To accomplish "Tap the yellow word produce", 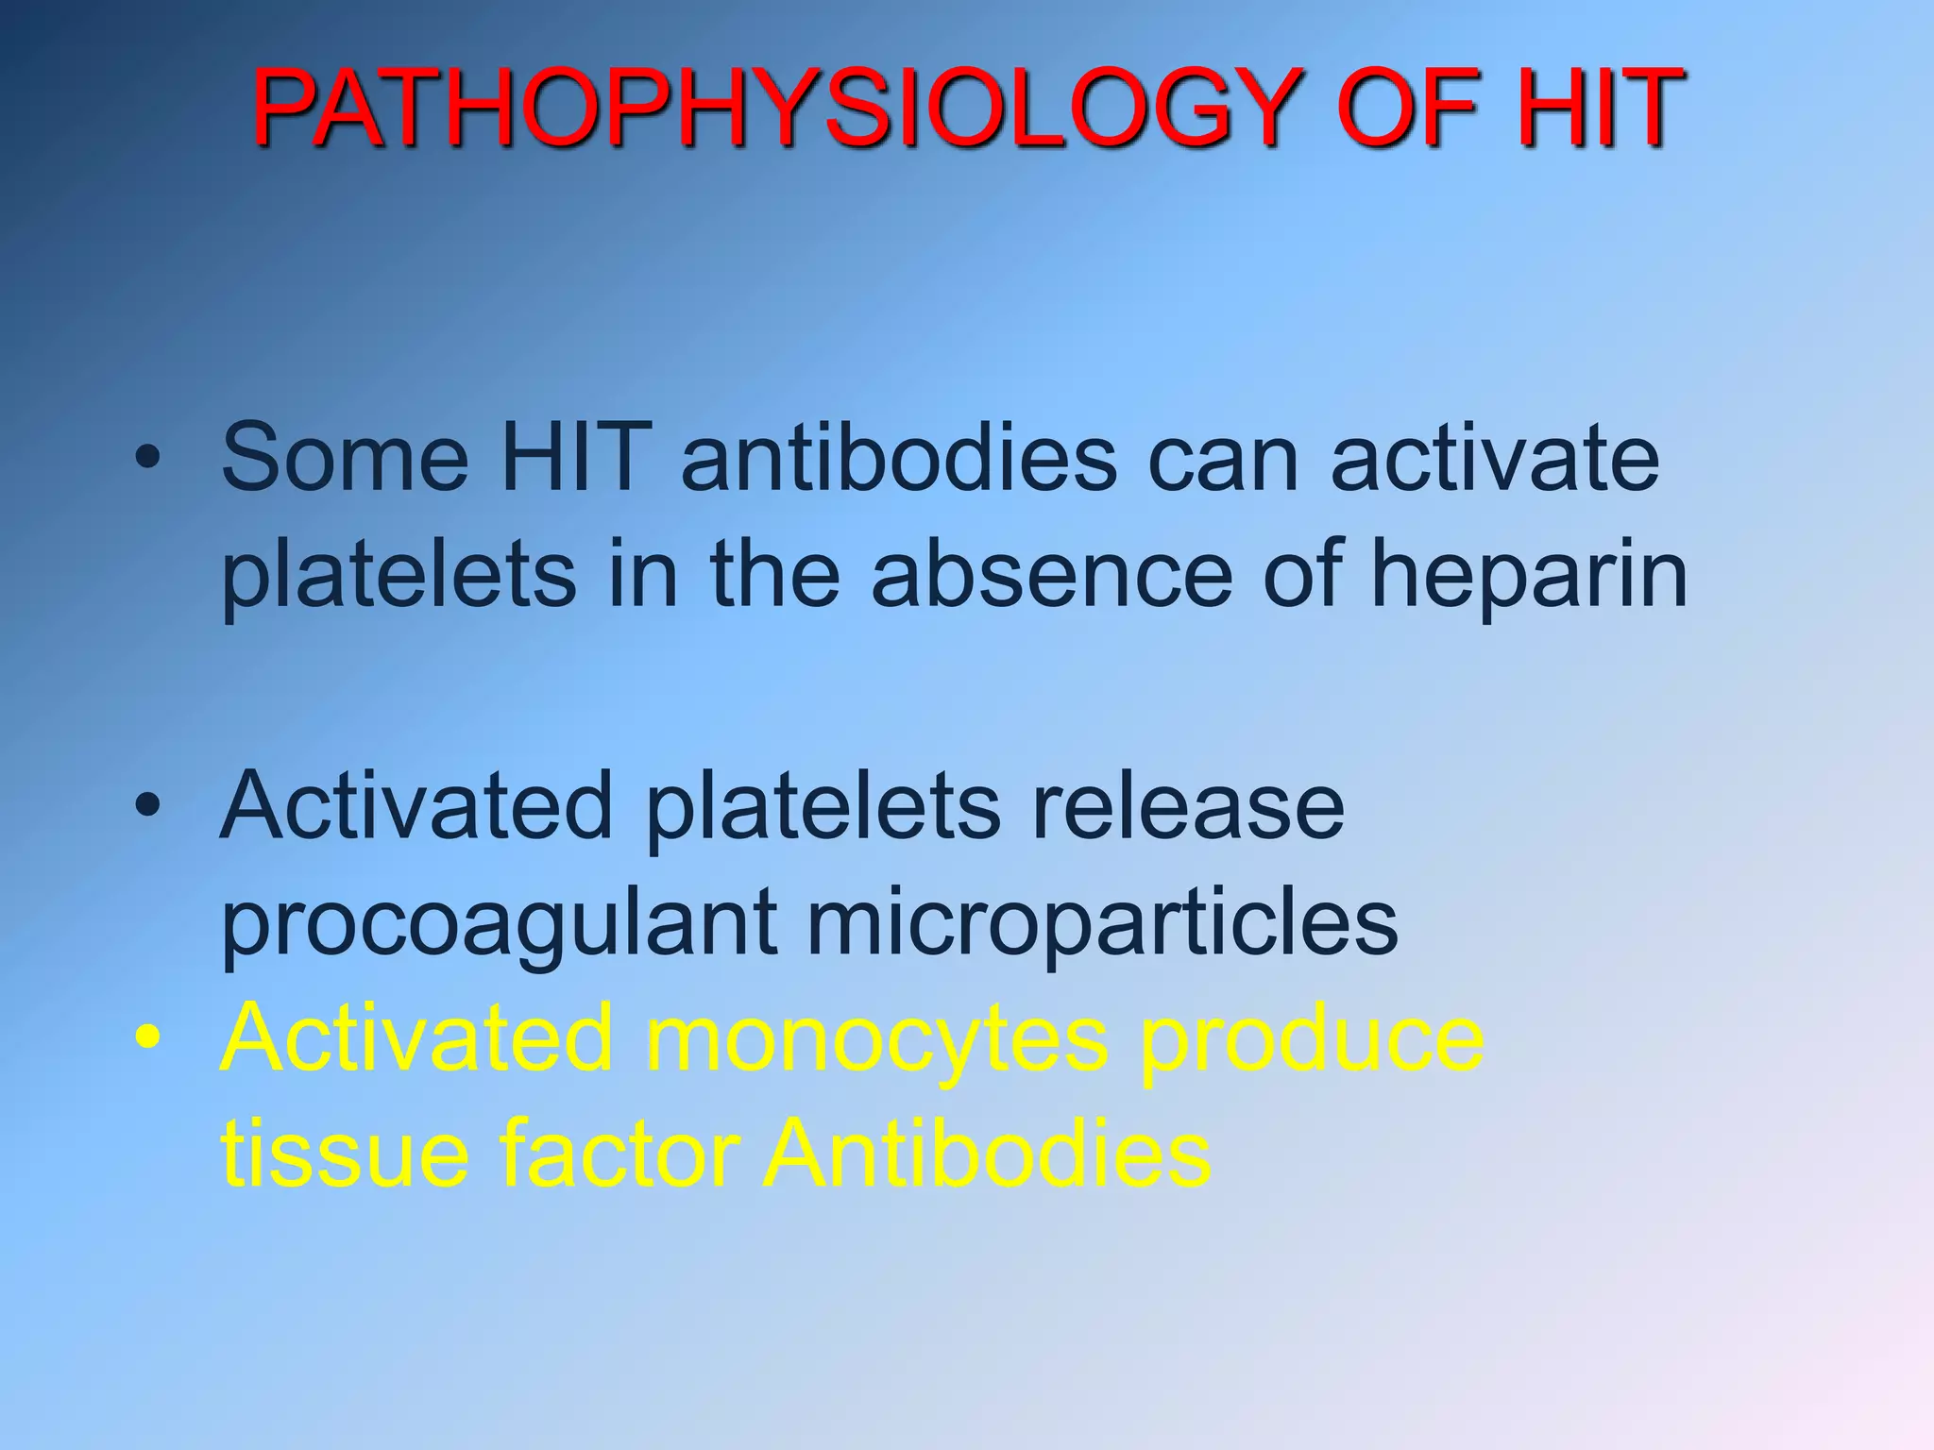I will pos(1313,1042).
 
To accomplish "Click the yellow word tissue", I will pos(344,1154).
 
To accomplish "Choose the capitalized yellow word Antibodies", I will pos(986,1154).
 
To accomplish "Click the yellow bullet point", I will pos(147,1038).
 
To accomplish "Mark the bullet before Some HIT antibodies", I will pos(147,459).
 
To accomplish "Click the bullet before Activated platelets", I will pos(147,806).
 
